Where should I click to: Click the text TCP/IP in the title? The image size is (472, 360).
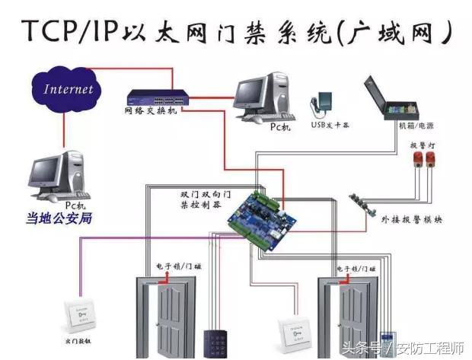pos(69,33)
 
